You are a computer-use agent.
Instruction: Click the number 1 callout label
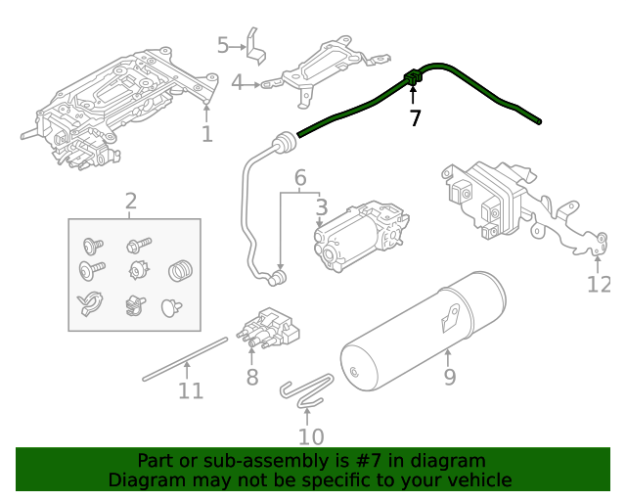[x=206, y=134]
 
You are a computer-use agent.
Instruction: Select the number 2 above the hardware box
[x=131, y=203]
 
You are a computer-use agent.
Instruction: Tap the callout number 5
[x=223, y=45]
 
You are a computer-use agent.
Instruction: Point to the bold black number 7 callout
[x=415, y=118]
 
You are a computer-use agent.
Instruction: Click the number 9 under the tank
[x=449, y=375]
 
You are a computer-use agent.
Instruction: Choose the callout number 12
[x=598, y=285]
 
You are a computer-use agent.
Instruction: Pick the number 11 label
[x=191, y=390]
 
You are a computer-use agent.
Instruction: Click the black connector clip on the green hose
[x=412, y=75]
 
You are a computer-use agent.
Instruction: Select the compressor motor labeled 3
[x=358, y=234]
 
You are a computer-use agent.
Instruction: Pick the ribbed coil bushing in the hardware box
[x=180, y=268]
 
